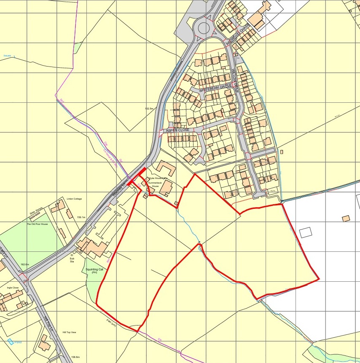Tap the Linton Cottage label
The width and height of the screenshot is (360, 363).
coord(74,199)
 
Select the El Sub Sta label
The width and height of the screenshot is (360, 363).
coord(72,258)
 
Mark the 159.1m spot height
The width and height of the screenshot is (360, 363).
coord(81,217)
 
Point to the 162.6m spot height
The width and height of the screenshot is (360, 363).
coord(25,264)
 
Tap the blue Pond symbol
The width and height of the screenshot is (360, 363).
coord(10,341)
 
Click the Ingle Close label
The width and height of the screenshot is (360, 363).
coord(13,288)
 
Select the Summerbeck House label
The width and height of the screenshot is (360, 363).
coord(153,184)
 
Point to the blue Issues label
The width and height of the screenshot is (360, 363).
coord(8,56)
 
